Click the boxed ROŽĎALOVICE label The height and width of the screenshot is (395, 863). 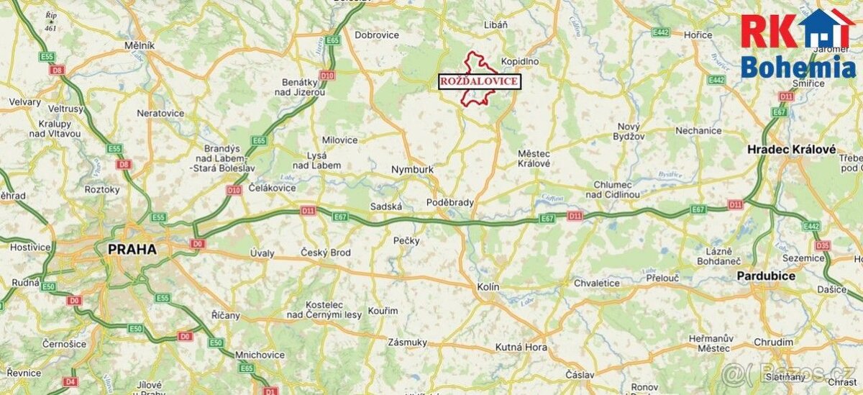click(479, 81)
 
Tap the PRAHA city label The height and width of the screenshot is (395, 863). click(132, 249)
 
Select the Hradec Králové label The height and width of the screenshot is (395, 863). click(791, 149)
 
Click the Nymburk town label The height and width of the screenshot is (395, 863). click(412, 170)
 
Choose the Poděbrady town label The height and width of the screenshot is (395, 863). click(450, 203)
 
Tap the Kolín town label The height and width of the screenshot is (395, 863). click(488, 286)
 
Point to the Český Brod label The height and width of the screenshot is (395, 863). click(325, 253)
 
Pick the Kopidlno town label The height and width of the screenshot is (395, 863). click(520, 62)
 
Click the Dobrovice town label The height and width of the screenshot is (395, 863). click(377, 34)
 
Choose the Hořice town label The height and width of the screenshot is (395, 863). click(698, 35)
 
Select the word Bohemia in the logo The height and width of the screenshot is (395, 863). click(798, 68)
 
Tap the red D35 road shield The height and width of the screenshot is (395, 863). click(823, 245)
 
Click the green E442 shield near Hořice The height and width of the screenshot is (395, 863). click(660, 32)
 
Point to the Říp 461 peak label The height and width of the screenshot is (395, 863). click(50, 21)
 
